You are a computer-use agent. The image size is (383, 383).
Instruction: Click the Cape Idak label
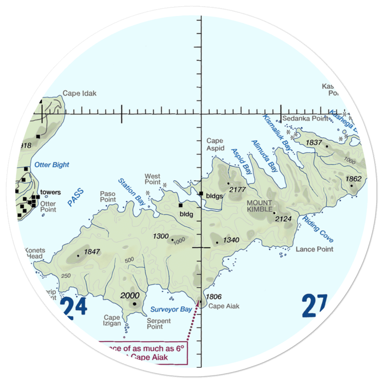click(80, 93)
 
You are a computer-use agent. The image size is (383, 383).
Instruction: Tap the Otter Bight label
click(52, 165)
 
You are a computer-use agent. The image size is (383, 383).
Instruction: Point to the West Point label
click(152, 179)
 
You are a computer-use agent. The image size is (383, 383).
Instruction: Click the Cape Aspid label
click(215, 144)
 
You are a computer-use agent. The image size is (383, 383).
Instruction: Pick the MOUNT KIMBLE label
click(259, 206)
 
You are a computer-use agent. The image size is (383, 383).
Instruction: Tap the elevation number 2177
click(237, 189)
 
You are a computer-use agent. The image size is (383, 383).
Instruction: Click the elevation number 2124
click(284, 219)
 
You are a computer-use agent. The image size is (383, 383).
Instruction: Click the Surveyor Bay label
click(171, 309)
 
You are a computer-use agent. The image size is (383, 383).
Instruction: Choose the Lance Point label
click(314, 249)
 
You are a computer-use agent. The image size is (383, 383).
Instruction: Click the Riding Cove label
click(318, 230)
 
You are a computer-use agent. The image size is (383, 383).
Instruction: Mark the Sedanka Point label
click(305, 119)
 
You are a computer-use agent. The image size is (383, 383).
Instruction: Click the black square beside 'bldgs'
click(201, 193)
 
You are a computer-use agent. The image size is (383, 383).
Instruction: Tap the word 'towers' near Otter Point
click(51, 192)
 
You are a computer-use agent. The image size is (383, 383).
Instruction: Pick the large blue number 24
click(73, 308)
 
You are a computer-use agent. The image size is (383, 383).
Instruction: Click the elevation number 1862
click(354, 179)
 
